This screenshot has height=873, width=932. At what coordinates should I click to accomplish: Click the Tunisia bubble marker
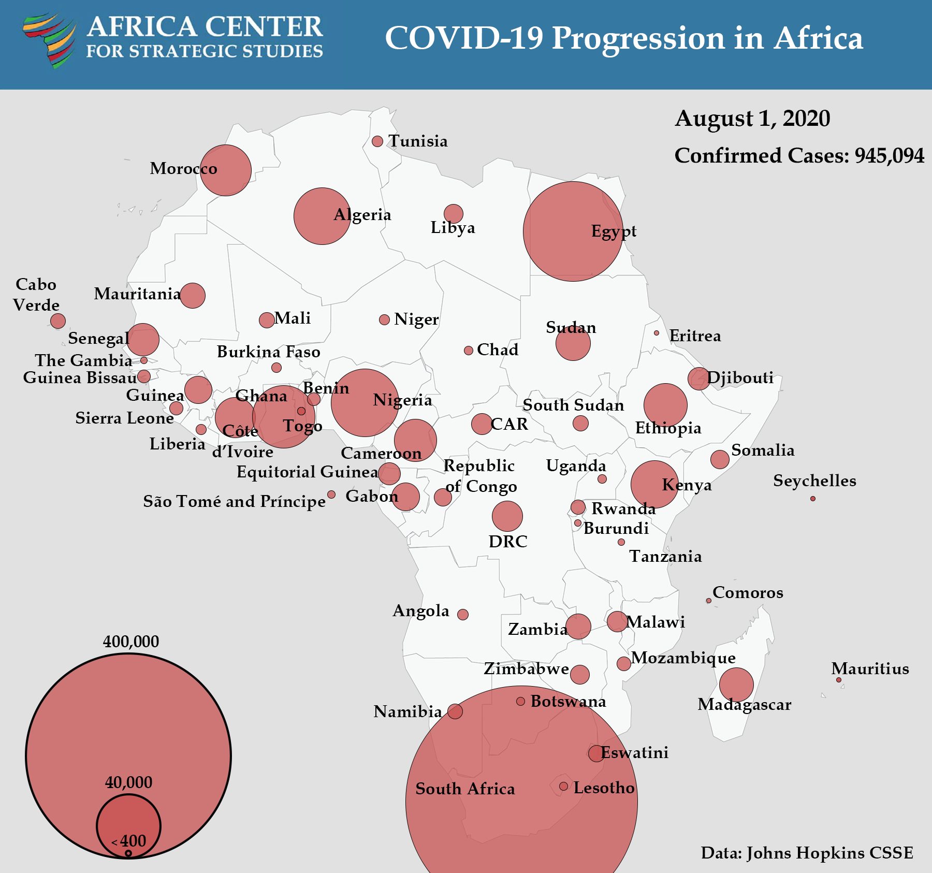tap(377, 141)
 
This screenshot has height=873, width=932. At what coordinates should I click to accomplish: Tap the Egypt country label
tap(614, 231)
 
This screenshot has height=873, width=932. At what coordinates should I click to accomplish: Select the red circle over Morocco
tap(226, 170)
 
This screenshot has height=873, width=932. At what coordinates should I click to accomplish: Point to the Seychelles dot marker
tap(813, 499)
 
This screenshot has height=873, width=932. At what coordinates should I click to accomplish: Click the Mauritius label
tap(870, 668)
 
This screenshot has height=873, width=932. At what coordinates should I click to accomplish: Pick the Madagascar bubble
tap(736, 685)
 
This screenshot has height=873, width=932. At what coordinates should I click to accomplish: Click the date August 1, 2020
tap(752, 119)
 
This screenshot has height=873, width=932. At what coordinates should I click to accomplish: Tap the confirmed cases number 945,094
tap(889, 156)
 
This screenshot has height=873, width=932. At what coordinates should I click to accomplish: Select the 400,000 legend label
tap(131, 642)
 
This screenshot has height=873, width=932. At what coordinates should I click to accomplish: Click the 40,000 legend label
tap(128, 782)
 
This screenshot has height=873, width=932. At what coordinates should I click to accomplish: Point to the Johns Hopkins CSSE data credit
tap(807, 853)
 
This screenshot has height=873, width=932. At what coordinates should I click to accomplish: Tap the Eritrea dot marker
tap(657, 333)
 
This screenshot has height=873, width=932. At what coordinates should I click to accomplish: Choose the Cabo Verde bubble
tap(58, 321)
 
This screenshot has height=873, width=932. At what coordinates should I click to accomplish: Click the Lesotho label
tap(604, 788)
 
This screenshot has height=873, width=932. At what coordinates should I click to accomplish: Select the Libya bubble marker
tap(454, 213)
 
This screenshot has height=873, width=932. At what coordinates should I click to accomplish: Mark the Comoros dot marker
tap(709, 601)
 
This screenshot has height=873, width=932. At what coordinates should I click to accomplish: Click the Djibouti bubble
tap(698, 379)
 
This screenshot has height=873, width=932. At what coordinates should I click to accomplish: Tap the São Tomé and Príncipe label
tap(234, 501)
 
